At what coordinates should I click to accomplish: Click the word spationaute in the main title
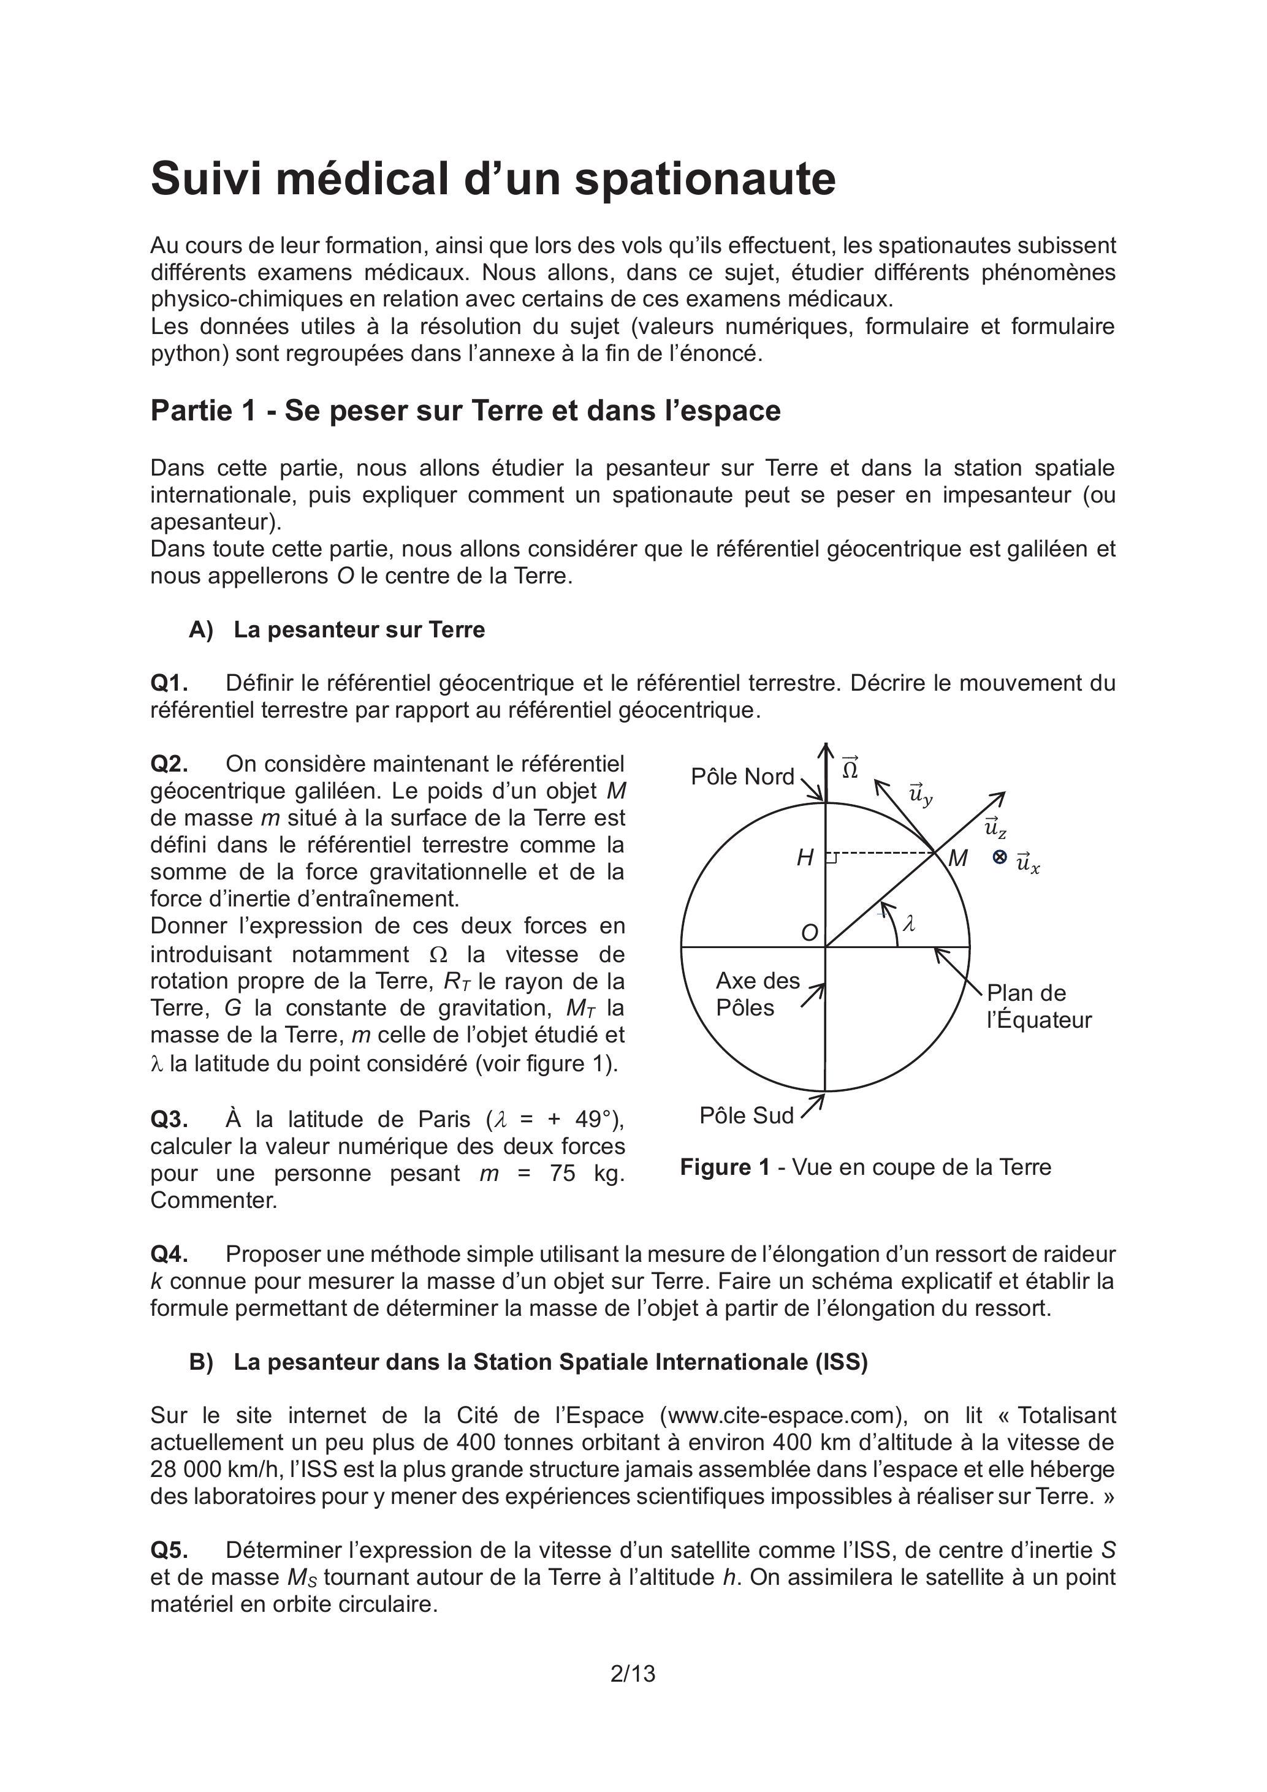[x=705, y=179]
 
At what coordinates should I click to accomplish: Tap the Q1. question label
[x=169, y=683]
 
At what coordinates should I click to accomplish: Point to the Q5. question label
[x=169, y=1550]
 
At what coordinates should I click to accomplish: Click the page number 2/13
[x=633, y=1673]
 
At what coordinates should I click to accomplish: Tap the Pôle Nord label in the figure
[x=742, y=776]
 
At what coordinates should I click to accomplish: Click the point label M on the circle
[x=958, y=859]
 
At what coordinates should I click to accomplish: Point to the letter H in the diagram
[x=805, y=859]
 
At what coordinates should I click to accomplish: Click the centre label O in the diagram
[x=810, y=933]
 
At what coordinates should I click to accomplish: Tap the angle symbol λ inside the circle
[x=908, y=924]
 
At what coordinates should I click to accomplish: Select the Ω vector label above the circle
[x=850, y=768]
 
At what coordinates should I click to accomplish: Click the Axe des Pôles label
[x=757, y=993]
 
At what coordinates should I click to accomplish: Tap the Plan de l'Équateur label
[x=1038, y=1006]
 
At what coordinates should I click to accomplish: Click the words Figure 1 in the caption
[x=725, y=1167]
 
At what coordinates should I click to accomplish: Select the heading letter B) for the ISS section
[x=200, y=1362]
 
